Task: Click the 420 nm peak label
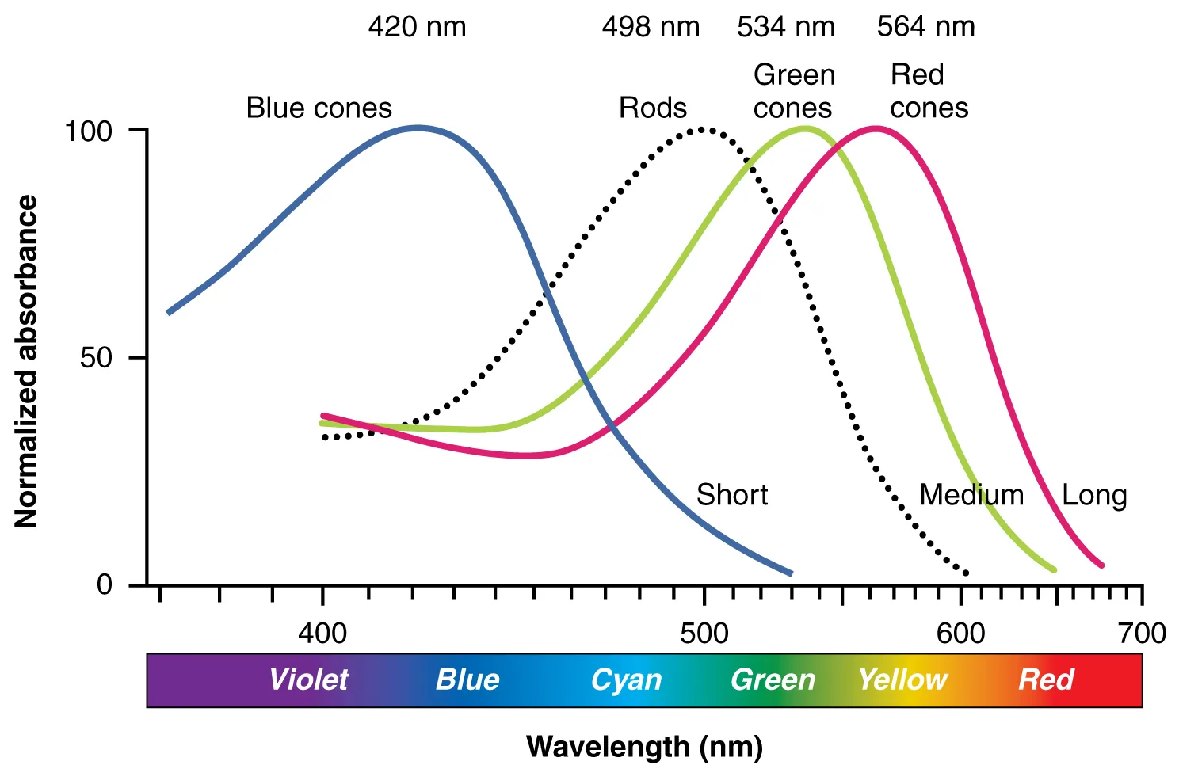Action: (x=417, y=27)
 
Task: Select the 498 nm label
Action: (x=651, y=27)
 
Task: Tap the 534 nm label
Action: (x=785, y=27)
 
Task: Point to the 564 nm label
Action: (x=925, y=27)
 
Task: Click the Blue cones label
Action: (x=319, y=108)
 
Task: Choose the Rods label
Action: (x=652, y=108)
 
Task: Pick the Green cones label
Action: (x=793, y=91)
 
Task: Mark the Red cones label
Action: (x=929, y=91)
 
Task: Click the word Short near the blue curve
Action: (x=732, y=495)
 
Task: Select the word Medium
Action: (x=971, y=495)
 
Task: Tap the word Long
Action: (x=1094, y=496)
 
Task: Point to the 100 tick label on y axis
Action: (x=88, y=131)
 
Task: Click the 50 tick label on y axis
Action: (x=96, y=358)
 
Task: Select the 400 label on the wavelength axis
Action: (x=322, y=634)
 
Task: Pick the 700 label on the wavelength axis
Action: (x=1142, y=634)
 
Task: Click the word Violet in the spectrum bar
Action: (x=308, y=680)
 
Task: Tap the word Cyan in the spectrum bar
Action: (x=626, y=680)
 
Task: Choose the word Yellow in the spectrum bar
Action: (x=902, y=680)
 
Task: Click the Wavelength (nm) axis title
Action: (x=644, y=746)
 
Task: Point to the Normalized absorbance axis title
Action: (x=26, y=361)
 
